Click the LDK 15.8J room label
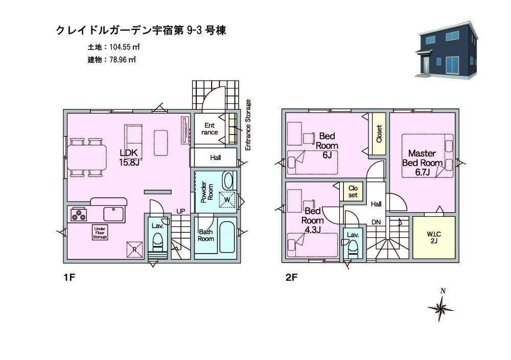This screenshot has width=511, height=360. click(x=129, y=157)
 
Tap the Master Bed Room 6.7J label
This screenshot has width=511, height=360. click(x=422, y=163)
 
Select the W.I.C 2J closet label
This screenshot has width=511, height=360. click(x=434, y=237)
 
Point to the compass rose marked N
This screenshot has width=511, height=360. click(x=440, y=306)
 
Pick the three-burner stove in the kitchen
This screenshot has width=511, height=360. click(x=79, y=214)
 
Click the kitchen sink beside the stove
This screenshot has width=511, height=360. click(x=114, y=214)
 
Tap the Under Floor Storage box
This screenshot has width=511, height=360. click(x=100, y=233)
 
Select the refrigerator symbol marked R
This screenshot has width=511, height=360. click(x=134, y=250)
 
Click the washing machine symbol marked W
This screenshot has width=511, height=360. click(x=227, y=199)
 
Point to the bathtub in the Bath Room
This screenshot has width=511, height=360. click(x=227, y=237)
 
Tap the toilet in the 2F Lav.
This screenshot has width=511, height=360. click(x=353, y=248)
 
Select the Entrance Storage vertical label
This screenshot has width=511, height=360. click(x=248, y=125)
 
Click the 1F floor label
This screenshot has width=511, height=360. click(x=69, y=278)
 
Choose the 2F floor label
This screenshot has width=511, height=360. click(x=291, y=278)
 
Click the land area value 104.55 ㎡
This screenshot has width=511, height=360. click(x=125, y=47)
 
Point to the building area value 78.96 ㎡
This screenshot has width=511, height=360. click(x=123, y=60)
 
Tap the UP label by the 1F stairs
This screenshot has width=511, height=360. click(x=180, y=211)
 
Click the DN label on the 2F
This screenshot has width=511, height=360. click(x=376, y=222)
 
